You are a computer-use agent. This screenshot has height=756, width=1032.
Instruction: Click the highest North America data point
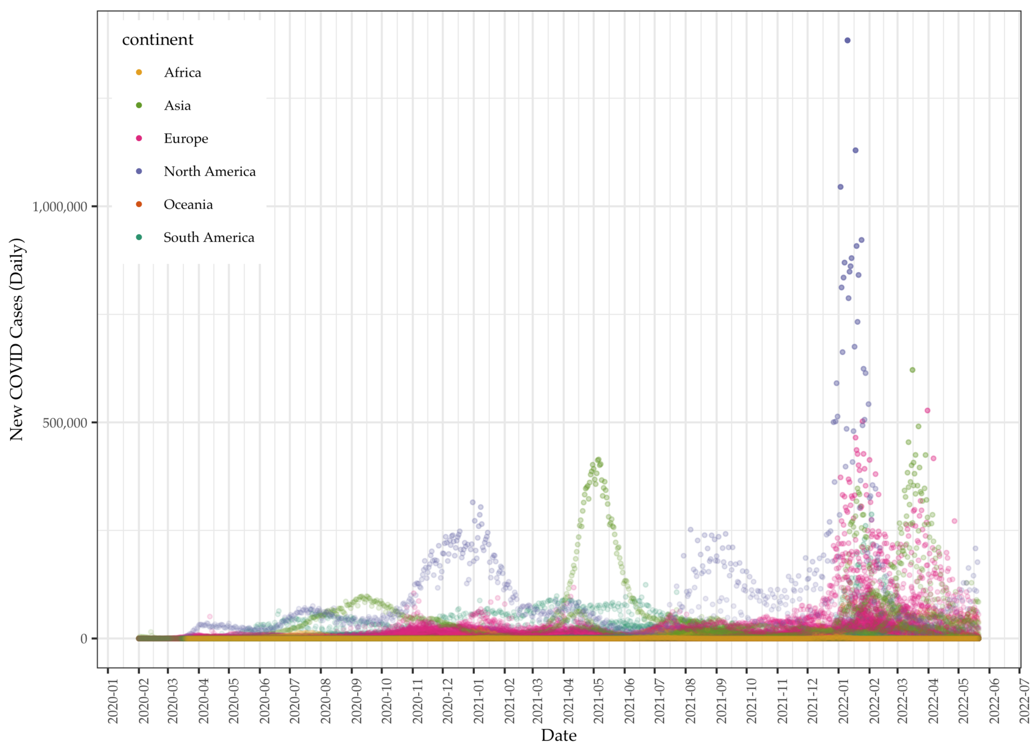click(847, 40)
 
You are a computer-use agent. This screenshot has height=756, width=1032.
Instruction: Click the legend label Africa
click(182, 73)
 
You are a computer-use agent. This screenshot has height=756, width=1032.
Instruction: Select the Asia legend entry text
click(177, 106)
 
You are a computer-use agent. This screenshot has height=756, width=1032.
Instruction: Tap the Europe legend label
click(186, 139)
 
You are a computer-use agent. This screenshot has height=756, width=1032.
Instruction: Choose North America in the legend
click(209, 172)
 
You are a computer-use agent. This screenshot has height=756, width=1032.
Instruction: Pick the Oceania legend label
click(188, 205)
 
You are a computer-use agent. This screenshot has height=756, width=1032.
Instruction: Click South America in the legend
click(209, 238)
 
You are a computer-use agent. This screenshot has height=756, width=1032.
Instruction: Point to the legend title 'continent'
click(158, 40)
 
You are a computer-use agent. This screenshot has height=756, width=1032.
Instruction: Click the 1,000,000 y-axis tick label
click(60, 207)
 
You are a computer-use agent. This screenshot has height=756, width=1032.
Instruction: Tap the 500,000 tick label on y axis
click(65, 423)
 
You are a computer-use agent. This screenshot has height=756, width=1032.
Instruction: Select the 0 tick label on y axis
click(84, 638)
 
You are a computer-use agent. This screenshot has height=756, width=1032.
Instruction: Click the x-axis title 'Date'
click(558, 735)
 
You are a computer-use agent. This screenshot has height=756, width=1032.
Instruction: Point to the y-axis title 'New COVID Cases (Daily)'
click(17, 339)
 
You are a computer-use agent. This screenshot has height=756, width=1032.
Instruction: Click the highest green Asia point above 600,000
click(912, 370)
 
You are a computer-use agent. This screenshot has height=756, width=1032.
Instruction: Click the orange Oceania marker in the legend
click(139, 204)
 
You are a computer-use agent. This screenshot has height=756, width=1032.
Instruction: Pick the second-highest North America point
click(855, 150)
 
